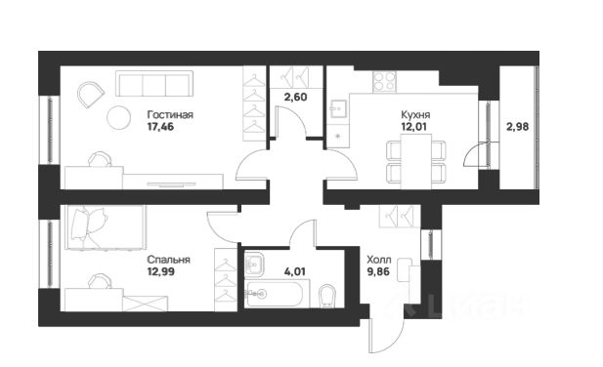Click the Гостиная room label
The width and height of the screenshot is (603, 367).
point(170,115)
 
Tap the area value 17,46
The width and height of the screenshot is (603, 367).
point(160,127)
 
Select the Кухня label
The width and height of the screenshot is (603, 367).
point(415,115)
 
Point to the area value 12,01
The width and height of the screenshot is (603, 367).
point(413,127)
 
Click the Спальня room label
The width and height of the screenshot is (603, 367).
point(168,260)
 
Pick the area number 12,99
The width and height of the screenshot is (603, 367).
point(160,271)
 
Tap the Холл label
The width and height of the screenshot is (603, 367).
point(379,260)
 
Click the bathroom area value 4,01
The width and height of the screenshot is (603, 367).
point(294,271)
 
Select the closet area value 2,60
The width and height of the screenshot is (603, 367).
point(295,98)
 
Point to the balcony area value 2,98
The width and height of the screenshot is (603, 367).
point(517,127)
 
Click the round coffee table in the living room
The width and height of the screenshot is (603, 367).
point(118,118)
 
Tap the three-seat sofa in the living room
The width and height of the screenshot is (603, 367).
point(154,84)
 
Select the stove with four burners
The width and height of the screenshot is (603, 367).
point(384,82)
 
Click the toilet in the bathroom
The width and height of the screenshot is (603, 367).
point(327,296)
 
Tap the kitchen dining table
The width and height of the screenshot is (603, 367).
point(416,162)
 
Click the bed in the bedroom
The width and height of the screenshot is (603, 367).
point(106,227)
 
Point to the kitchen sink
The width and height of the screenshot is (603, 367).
point(338,108)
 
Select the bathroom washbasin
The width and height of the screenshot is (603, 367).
point(254,265)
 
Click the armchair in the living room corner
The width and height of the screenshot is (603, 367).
point(91,94)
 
